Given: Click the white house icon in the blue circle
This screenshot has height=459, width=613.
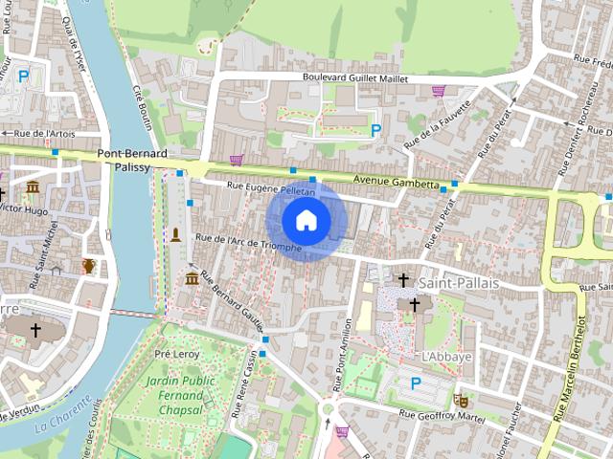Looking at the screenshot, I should tap(305, 221).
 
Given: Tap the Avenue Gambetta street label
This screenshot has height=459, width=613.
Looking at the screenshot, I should tap(395, 181).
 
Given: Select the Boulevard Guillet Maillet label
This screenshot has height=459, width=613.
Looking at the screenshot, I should tap(354, 78).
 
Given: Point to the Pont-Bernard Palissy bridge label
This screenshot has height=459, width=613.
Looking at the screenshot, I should tap(132, 160).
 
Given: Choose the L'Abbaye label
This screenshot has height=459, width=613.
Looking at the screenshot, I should tap(446, 356).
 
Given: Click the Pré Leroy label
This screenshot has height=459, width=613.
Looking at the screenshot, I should tap(177, 353).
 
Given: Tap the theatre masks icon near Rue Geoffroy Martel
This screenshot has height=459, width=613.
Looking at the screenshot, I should tap(461, 400).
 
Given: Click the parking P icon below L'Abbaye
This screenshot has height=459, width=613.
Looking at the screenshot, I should tap(416, 382).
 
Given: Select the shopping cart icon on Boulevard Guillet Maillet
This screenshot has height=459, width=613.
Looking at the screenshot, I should tap(438, 91).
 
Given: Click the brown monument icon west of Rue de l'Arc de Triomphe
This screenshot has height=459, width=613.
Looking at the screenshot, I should tap(175, 234).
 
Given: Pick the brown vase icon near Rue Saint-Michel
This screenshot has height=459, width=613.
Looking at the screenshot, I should tap(88, 265).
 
